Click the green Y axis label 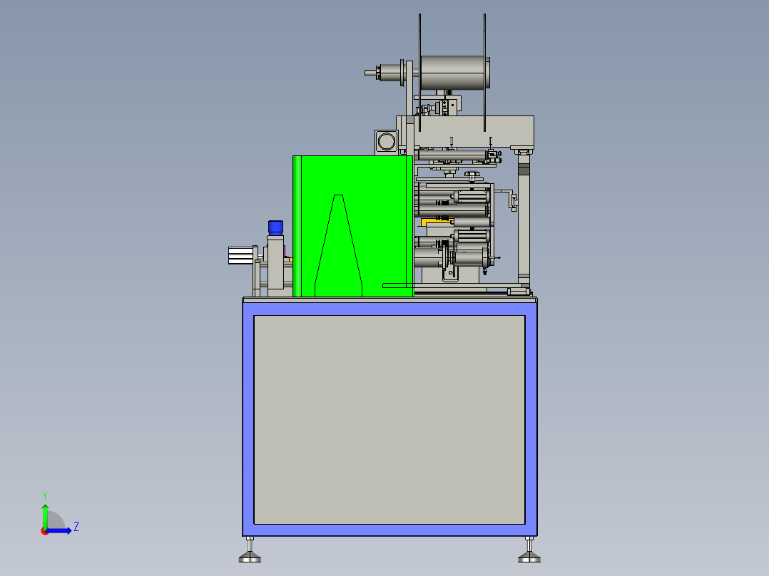(x=44, y=494)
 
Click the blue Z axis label (x=76, y=527)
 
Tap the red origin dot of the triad (x=44, y=530)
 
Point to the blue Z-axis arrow (x=60, y=530)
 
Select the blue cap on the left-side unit (x=275, y=227)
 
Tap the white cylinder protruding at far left (x=241, y=254)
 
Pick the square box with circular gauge (x=386, y=141)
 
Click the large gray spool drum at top (x=452, y=73)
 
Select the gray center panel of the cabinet (x=389, y=419)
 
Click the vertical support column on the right (x=524, y=221)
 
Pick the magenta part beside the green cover (x=285, y=251)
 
